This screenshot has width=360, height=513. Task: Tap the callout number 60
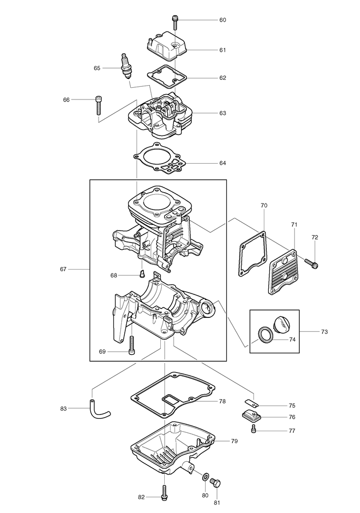point(222,20)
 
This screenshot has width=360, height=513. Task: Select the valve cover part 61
point(166,46)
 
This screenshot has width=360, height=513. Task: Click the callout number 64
point(222,163)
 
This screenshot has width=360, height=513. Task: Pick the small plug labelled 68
point(142,273)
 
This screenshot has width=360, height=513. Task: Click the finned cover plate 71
point(283,272)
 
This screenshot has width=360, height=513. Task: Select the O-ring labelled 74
point(264,335)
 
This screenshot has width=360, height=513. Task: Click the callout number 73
point(324,332)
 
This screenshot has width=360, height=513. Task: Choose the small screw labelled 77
point(253,429)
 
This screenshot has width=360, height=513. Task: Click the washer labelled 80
point(205,476)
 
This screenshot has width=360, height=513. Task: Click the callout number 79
point(234,441)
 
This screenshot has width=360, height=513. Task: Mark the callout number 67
point(63,269)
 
